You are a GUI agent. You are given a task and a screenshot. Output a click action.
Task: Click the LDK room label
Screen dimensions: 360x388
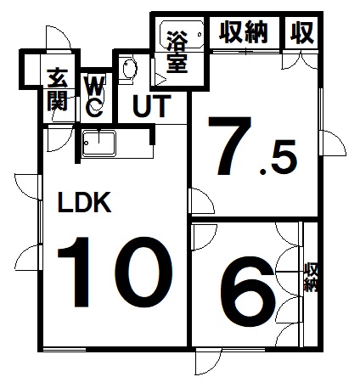(84, 202)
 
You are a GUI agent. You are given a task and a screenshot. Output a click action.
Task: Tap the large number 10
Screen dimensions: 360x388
(115, 272)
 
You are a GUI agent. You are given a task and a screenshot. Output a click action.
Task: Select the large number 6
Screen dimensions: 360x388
(248, 291)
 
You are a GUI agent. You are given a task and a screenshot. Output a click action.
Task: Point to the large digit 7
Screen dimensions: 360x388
(230, 145)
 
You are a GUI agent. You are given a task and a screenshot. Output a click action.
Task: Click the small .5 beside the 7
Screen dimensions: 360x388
(278, 157)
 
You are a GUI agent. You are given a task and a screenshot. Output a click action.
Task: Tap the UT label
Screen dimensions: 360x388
(152, 106)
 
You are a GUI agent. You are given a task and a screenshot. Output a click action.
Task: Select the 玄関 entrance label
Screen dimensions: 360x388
(58, 89)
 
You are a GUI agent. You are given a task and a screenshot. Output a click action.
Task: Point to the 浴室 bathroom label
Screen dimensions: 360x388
(177, 52)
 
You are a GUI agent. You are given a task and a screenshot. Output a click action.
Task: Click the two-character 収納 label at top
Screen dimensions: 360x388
(244, 32)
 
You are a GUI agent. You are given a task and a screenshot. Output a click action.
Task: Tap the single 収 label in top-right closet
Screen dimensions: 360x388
(302, 32)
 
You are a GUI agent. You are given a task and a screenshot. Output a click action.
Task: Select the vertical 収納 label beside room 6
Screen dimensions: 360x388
(311, 278)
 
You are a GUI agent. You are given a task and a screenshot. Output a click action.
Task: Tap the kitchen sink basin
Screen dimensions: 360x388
(98, 143)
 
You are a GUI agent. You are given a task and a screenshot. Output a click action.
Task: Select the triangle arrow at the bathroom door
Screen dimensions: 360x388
(160, 79)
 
